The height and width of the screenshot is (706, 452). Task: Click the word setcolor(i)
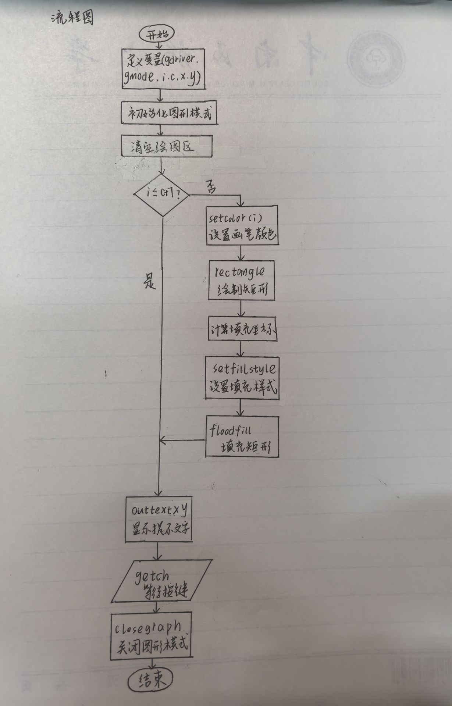pyautogui.click(x=235, y=218)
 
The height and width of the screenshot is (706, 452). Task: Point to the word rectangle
pyautogui.click(x=240, y=272)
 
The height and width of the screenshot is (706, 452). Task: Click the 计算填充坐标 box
pyautogui.click(x=242, y=328)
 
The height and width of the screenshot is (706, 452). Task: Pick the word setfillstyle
pyautogui.click(x=244, y=369)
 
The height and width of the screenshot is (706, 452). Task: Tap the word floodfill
pyautogui.click(x=230, y=430)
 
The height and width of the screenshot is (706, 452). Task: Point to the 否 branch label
pyautogui.click(x=211, y=187)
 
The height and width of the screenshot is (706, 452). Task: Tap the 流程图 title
pyautogui.click(x=72, y=17)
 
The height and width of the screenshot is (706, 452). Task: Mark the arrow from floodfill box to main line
pyautogui.click(x=183, y=440)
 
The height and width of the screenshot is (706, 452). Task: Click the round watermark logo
pyautogui.click(x=376, y=59)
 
